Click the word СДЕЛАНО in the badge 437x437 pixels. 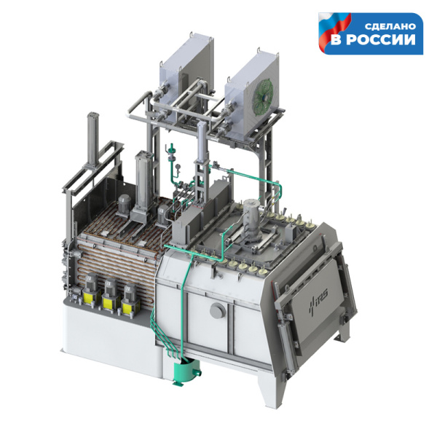pyautogui.click(x=390, y=26)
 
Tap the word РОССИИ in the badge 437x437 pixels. pyautogui.click(x=381, y=39)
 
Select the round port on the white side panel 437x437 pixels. pyautogui.click(x=218, y=310)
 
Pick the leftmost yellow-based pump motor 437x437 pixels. pyautogui.click(x=90, y=289)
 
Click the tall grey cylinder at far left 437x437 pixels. pyautogui.click(x=92, y=139)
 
